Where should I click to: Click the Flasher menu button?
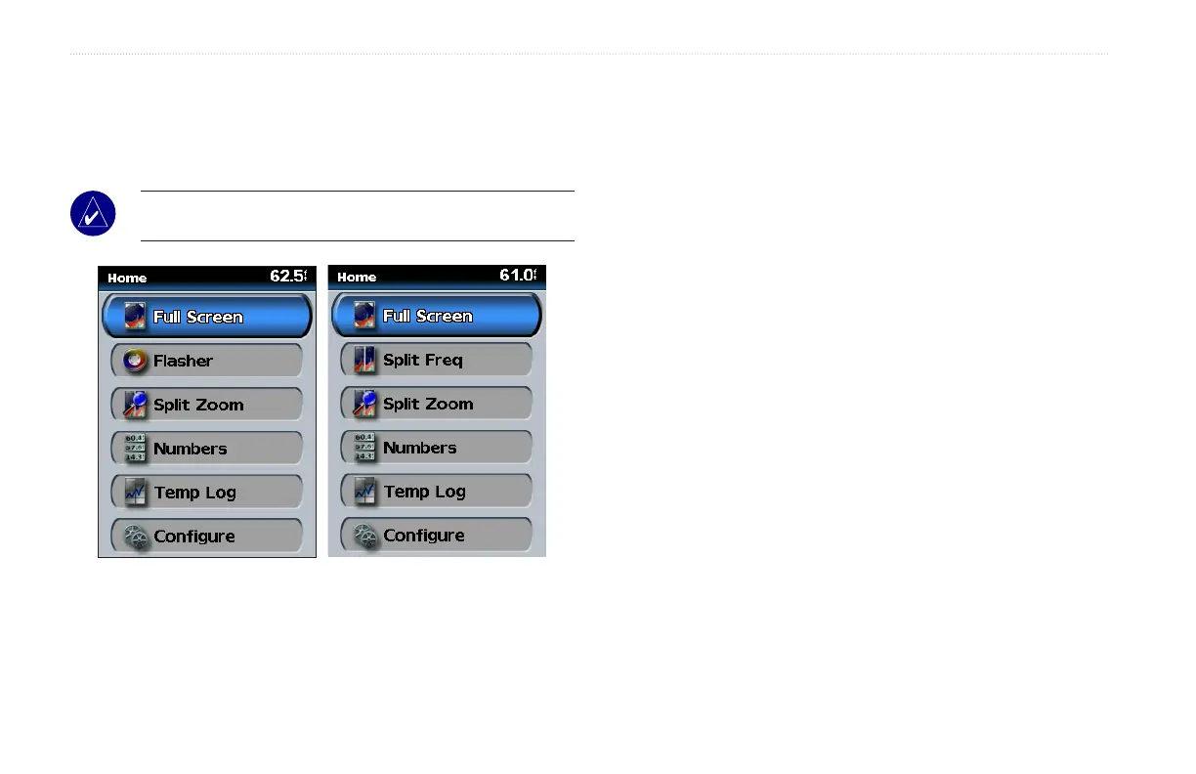tap(206, 361)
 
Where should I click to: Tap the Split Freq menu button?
tap(436, 360)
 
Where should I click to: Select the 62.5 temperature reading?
tap(287, 277)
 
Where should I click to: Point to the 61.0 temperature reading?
tap(517, 276)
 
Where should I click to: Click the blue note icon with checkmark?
tap(93, 214)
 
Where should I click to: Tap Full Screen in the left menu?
tap(206, 317)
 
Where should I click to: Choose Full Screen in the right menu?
tap(436, 316)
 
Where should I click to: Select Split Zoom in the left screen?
tap(206, 405)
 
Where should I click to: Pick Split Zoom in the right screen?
tap(436, 404)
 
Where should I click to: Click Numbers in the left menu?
tap(206, 449)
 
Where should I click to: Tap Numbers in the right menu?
tap(436, 448)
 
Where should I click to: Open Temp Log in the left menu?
tap(206, 493)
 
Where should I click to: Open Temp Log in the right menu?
tap(436, 492)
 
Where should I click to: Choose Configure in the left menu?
tap(206, 537)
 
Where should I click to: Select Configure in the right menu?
tap(436, 536)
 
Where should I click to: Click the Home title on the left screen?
tap(127, 279)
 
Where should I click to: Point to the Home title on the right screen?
tap(357, 278)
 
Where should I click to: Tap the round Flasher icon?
tap(135, 361)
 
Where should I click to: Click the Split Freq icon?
tap(364, 360)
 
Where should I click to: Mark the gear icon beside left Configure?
tap(135, 537)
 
